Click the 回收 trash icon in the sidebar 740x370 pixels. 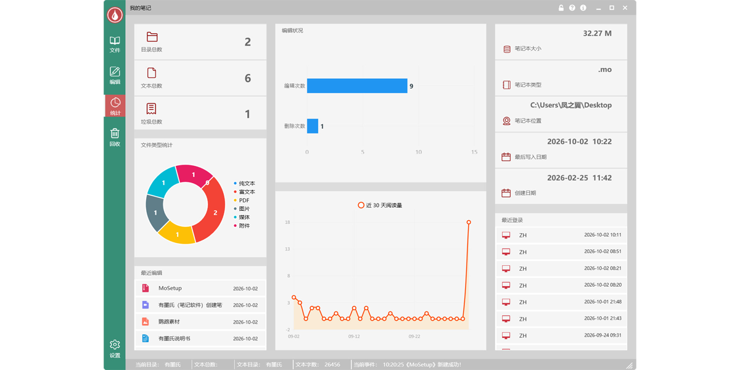pos(115,133)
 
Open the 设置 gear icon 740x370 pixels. pos(115,345)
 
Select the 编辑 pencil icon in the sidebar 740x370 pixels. pos(115,72)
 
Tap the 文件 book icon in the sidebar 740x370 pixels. pos(115,41)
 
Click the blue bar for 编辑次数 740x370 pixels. pos(357,86)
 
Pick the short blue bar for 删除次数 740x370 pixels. pos(313,126)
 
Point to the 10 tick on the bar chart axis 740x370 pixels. pos(419,152)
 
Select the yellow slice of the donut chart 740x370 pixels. pos(178,233)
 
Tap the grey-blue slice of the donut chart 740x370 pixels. pos(155,212)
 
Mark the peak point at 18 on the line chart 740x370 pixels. pos(469,223)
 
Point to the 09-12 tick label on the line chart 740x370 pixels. pos(354,336)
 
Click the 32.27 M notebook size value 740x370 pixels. pos(597,33)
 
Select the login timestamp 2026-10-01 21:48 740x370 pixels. pos(602,302)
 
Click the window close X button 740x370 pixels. pos(625,8)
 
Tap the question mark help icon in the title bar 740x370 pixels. pos(572,8)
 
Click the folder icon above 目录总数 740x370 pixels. pos(152,36)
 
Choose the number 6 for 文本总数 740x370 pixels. pos(248,78)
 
